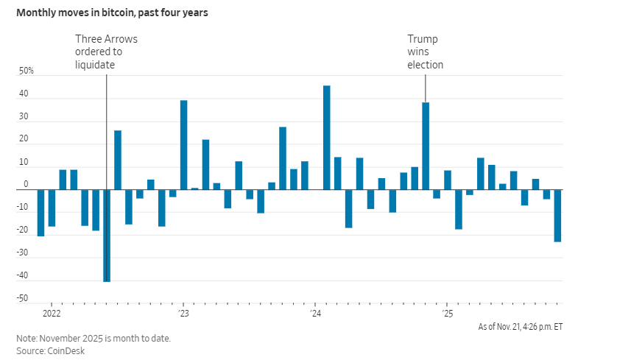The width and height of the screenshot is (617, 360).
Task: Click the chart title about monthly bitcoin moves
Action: pos(112,13)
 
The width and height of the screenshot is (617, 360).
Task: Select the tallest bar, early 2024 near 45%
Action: pos(326,138)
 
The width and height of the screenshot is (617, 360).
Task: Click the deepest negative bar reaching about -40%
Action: pos(107,236)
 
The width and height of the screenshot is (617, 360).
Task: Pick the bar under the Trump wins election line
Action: pos(426,146)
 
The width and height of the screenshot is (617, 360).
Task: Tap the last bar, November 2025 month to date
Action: pos(557,216)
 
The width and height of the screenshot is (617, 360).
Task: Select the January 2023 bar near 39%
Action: pos(183,145)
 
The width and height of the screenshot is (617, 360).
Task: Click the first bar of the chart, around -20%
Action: pos(41,213)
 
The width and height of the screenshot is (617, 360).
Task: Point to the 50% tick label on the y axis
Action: pos(27,71)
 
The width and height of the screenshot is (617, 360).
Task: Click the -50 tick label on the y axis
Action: pos(24,299)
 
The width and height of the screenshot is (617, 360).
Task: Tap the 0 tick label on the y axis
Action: pos(26,185)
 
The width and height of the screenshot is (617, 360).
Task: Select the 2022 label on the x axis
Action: pos(52,314)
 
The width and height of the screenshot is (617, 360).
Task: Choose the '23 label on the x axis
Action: pos(183,314)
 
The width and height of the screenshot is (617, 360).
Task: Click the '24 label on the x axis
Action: pos(315,314)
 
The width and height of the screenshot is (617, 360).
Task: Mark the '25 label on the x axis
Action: pos(447,314)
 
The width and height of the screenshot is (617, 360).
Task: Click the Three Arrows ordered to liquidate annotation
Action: pos(106,52)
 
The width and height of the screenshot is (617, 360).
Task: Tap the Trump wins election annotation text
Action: pos(426,52)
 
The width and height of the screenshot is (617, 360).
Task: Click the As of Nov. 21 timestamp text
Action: pos(520,326)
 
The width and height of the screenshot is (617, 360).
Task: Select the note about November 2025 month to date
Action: pos(94,338)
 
